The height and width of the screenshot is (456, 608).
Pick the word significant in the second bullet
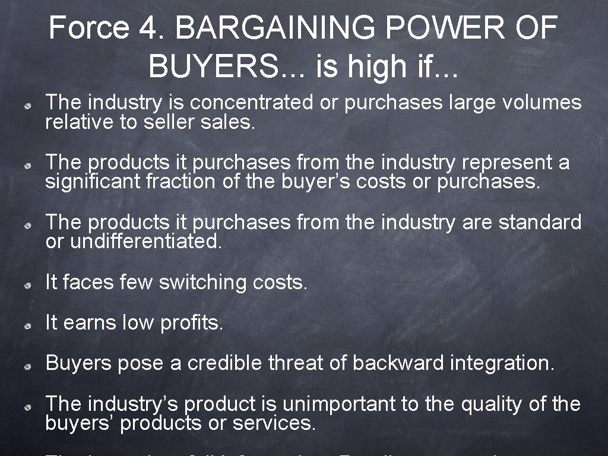click(93, 181)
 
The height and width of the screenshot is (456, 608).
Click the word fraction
click(182, 181)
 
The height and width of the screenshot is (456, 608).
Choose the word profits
click(192, 323)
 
